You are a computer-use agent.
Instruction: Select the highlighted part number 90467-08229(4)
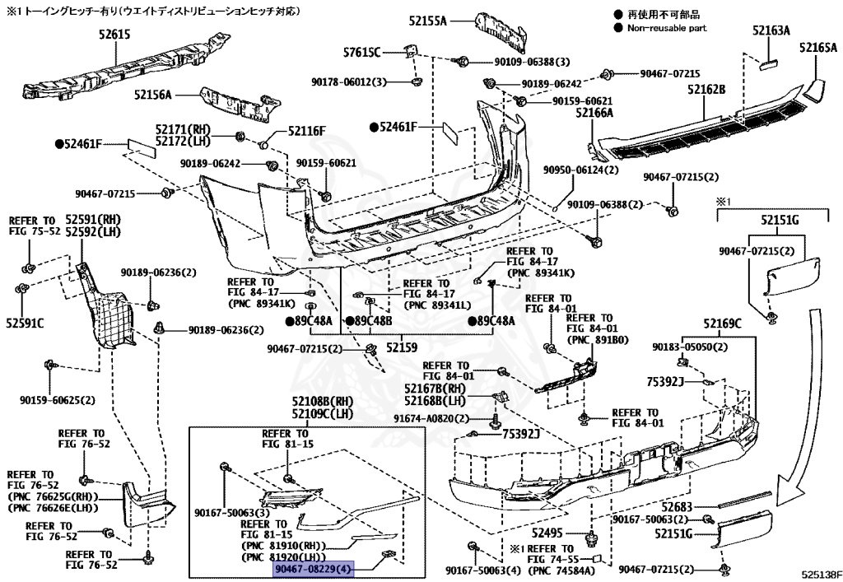(x=313, y=569)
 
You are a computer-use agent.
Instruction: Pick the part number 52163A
(x=770, y=30)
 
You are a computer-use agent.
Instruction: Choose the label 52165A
(x=817, y=48)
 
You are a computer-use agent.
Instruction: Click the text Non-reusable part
(x=667, y=27)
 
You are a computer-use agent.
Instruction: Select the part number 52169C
(x=722, y=323)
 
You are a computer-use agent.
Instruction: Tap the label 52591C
(x=25, y=323)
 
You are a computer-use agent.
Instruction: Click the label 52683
(x=676, y=507)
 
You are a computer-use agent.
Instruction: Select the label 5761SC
(x=362, y=53)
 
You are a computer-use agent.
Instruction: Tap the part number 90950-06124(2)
(x=580, y=170)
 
